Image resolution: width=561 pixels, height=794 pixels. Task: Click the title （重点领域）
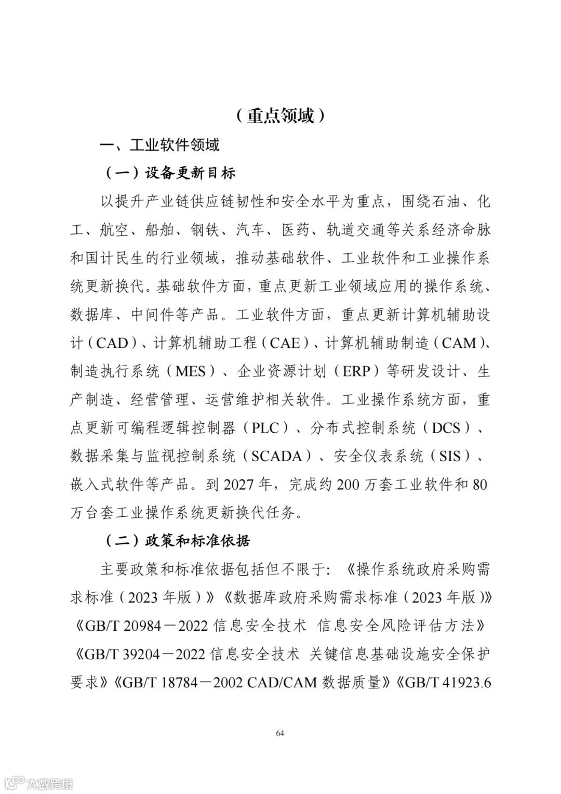280,115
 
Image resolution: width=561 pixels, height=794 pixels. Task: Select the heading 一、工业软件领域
160,145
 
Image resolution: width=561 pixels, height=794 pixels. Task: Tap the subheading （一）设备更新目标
170,173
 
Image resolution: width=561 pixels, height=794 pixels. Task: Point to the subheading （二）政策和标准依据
178,541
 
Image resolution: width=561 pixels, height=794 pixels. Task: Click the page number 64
280,733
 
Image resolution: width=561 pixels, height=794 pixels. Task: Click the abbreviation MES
195,371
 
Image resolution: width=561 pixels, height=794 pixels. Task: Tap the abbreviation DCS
446,428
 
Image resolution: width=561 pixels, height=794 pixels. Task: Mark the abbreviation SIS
450,456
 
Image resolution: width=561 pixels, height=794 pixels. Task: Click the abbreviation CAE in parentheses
285,343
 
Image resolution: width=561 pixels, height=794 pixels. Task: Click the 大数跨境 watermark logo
39,783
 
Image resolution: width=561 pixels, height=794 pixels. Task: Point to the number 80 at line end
479,485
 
